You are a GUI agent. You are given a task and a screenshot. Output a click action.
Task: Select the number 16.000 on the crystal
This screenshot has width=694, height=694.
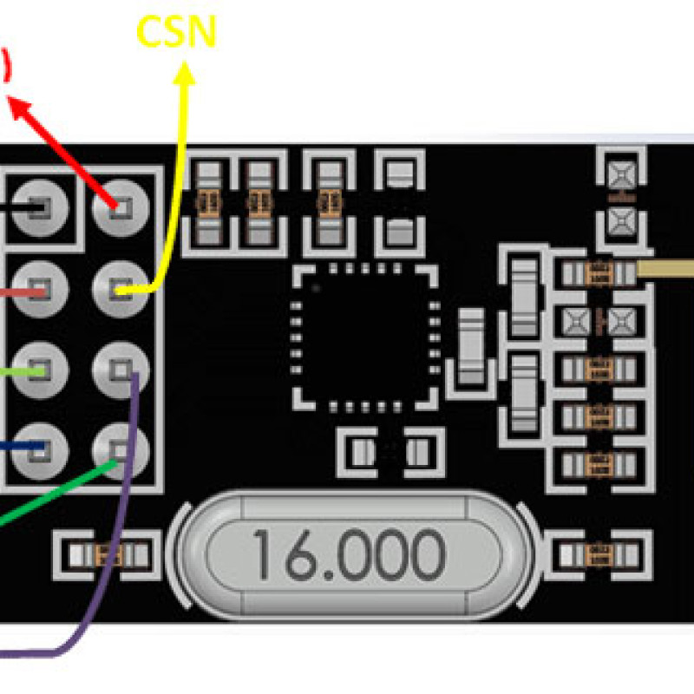(348, 554)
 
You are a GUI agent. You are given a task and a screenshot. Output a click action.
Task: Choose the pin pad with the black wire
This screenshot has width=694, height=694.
(38, 207)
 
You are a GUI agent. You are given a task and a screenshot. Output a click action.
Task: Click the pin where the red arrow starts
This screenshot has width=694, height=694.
(121, 206)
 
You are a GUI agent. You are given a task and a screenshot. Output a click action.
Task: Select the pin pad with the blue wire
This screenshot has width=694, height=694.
(38, 448)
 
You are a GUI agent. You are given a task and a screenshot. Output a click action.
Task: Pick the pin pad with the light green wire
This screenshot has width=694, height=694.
(38, 370)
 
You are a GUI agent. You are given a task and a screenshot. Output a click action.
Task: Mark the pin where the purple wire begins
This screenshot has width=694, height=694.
(121, 370)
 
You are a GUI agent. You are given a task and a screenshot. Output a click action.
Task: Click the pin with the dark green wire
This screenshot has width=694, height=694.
(121, 449)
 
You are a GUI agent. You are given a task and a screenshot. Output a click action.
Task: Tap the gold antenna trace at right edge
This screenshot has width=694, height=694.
(666, 269)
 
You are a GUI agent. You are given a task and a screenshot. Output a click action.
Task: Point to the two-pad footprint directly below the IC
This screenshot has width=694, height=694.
(390, 450)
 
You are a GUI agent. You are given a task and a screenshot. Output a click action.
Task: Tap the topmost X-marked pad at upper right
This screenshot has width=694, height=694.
(619, 174)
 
